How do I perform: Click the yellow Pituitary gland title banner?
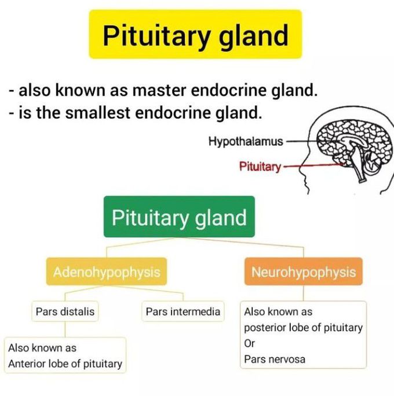point(195,35)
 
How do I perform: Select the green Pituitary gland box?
point(179,218)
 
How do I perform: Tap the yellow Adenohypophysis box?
point(107,272)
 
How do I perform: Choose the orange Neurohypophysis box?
point(303,272)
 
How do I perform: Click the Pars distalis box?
point(65,311)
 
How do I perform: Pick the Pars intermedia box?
point(183,311)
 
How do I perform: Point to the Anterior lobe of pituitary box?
point(65,355)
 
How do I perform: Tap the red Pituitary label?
point(260,167)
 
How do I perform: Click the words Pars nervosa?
point(274,359)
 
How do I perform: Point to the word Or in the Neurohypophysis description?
point(250,343)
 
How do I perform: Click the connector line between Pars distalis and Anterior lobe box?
point(65,329)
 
